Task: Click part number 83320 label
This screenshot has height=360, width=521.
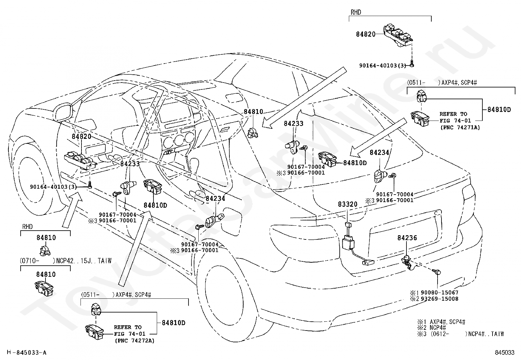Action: [348, 204]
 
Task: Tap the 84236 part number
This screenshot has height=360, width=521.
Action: [407, 238]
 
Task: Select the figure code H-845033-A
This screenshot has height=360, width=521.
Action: [27, 352]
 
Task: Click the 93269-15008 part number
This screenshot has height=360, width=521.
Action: [440, 299]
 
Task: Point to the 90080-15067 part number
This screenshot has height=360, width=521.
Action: [440, 293]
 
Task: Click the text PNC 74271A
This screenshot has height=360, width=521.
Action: [460, 127]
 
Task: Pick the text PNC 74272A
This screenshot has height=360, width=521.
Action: [135, 341]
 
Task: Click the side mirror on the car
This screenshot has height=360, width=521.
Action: [63, 113]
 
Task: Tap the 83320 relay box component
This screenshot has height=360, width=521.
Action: [348, 242]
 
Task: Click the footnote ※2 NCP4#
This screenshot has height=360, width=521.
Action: [431, 328]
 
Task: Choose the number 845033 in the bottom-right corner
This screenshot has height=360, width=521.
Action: [505, 352]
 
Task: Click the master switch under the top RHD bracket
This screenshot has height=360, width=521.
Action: [398, 37]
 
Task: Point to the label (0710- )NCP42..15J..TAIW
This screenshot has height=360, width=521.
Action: [65, 260]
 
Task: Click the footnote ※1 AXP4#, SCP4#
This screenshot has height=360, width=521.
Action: [441, 322]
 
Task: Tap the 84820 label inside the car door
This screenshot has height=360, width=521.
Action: [81, 137]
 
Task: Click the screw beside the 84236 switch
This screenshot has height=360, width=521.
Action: [437, 272]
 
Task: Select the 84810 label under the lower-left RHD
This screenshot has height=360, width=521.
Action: [46, 238]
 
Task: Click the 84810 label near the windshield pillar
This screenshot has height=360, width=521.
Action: [253, 112]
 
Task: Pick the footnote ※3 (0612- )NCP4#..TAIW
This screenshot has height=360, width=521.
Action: [460, 334]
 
